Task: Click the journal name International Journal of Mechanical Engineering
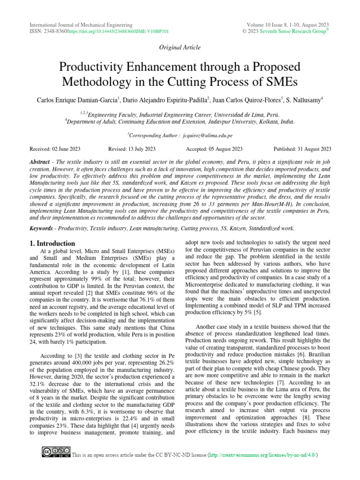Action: pos(81,24)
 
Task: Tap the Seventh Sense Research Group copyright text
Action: pos(297,31)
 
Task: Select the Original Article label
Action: pos(180,47)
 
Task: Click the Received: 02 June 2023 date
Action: pos(55,149)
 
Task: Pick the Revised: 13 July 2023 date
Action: pos(132,149)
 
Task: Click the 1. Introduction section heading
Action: pos(52,243)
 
